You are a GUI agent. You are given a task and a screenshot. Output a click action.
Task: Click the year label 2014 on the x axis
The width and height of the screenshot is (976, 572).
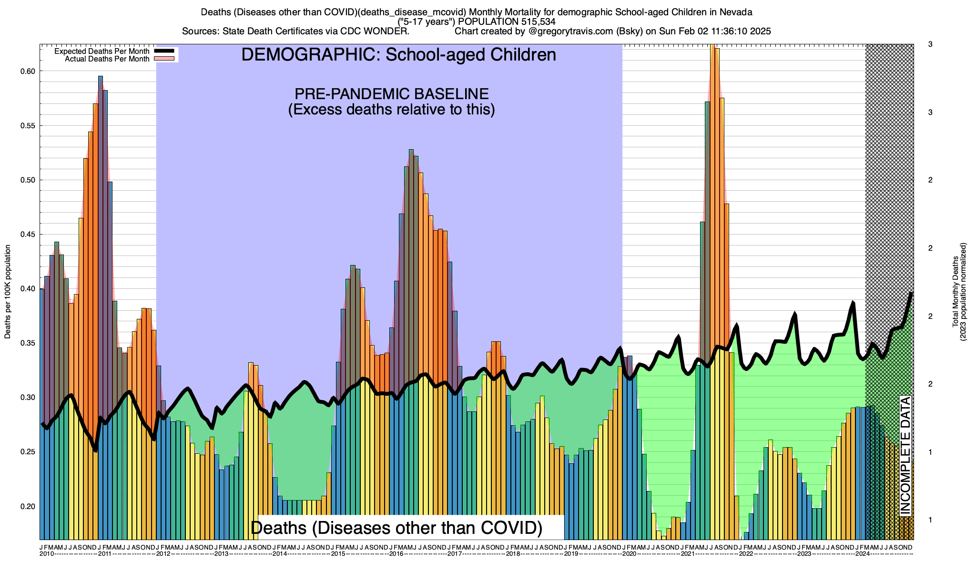(x=280, y=554)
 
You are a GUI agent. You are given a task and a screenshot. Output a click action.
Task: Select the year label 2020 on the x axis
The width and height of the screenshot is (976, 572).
(x=629, y=554)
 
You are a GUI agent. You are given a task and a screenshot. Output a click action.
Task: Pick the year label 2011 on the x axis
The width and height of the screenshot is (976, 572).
(x=105, y=554)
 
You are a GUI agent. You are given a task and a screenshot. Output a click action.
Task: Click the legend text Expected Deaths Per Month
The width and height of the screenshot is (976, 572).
(x=102, y=51)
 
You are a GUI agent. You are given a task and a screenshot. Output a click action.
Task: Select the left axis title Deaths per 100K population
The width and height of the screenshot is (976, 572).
(x=8, y=292)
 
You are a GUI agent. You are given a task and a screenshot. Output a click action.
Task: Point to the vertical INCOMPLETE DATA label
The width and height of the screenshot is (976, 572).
(x=905, y=455)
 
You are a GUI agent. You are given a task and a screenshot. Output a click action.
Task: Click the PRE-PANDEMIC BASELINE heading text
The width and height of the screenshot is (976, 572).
(x=391, y=93)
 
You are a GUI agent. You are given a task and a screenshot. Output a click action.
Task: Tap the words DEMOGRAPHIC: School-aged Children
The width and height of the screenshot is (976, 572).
(x=398, y=55)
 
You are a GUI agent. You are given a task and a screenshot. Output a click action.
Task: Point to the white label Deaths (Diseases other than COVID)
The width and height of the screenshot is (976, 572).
(x=396, y=528)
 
